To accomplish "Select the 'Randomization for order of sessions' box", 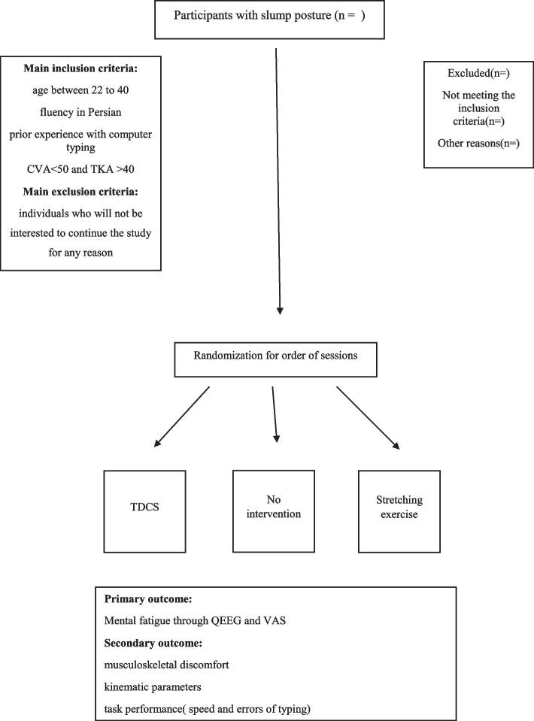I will point(275,359).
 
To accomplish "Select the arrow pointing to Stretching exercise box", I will point(367,418).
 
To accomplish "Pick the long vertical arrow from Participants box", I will point(278,180).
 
